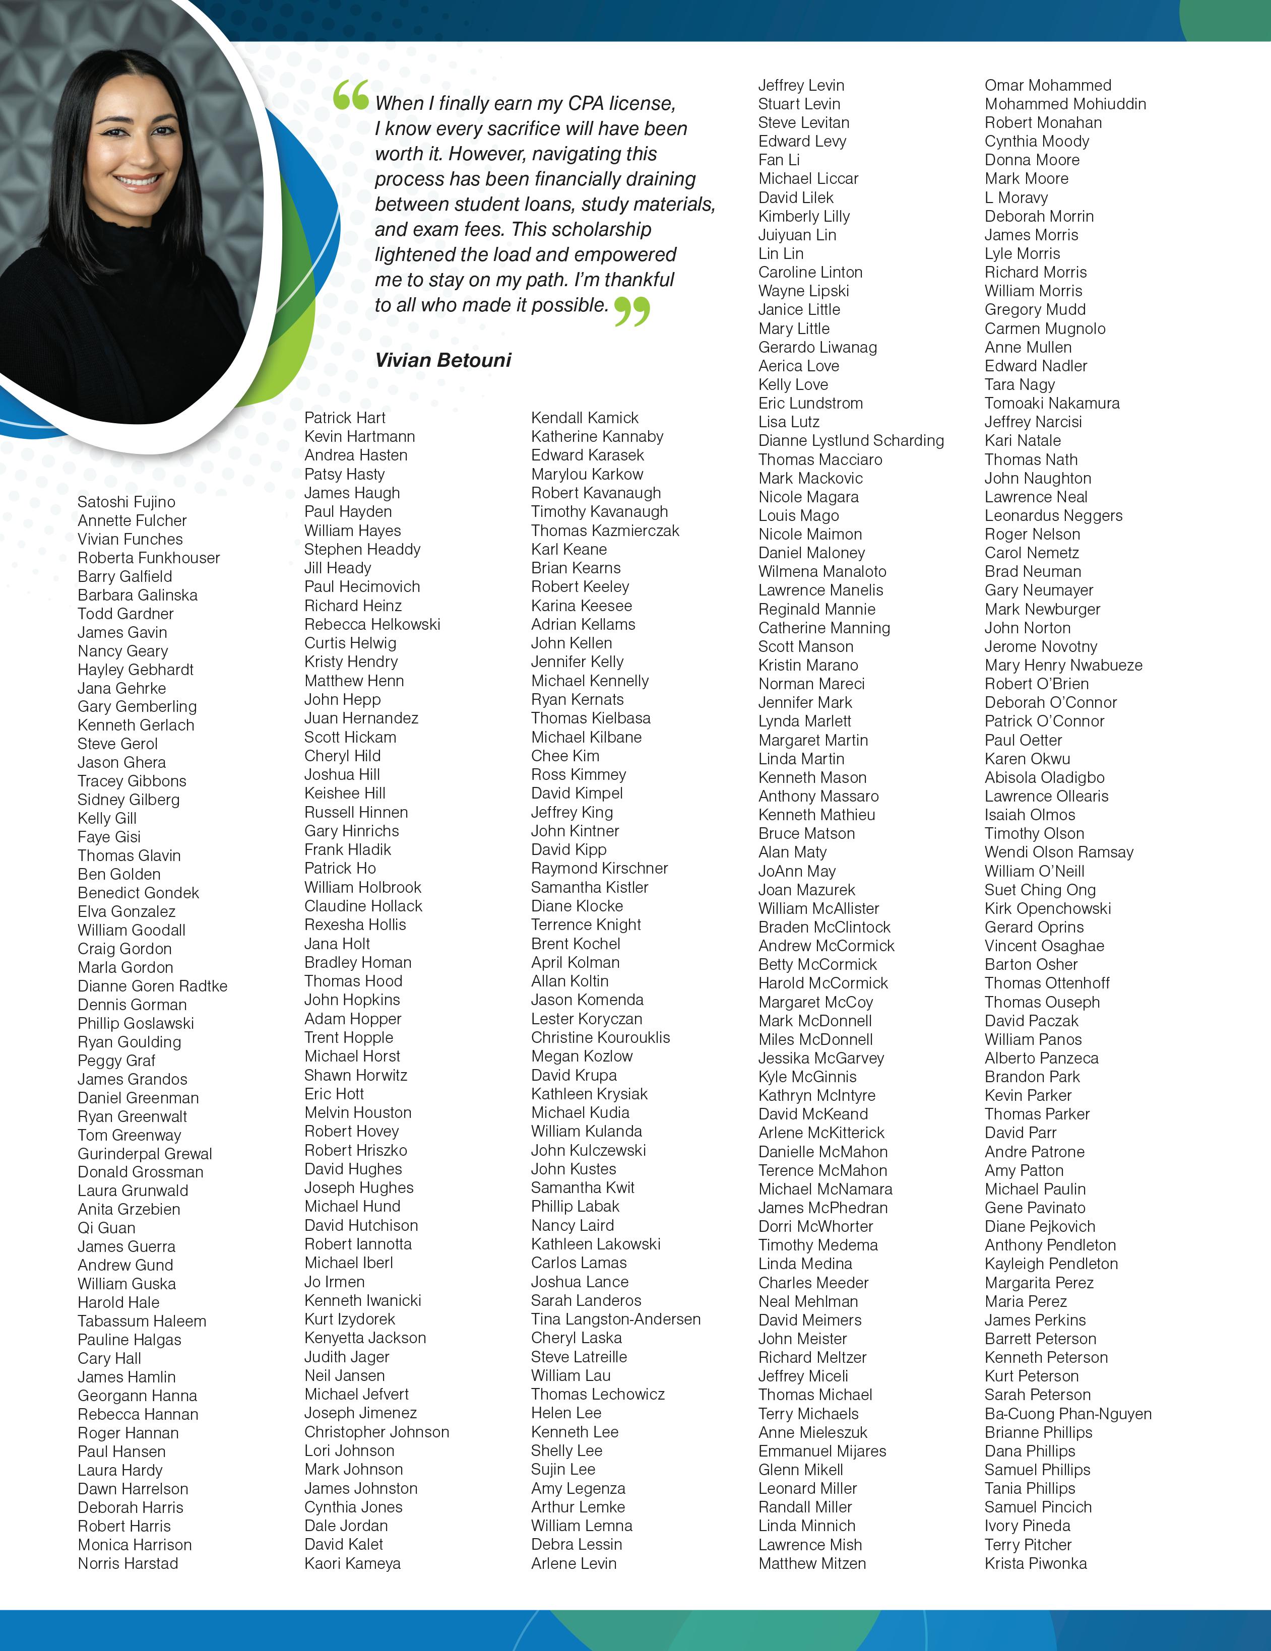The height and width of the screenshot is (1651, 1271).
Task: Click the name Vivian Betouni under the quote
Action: click(x=443, y=360)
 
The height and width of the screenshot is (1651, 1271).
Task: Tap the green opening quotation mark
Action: click(x=351, y=95)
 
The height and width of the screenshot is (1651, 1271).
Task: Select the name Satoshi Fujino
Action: click(x=126, y=502)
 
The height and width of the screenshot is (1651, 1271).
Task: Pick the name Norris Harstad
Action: click(x=128, y=1563)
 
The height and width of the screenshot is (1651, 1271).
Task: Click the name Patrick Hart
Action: click(x=345, y=417)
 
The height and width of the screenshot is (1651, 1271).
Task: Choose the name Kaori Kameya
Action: click(x=352, y=1563)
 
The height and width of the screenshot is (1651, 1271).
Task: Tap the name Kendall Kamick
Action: click(x=585, y=417)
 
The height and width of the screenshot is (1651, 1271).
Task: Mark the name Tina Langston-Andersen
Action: click(x=615, y=1319)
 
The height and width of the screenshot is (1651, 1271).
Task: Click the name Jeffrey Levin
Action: click(x=801, y=86)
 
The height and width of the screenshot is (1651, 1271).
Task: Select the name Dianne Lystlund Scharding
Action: click(x=851, y=441)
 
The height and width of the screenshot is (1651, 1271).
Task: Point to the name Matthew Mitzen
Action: click(x=812, y=1563)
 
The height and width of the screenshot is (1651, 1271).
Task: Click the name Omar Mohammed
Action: click(x=1048, y=86)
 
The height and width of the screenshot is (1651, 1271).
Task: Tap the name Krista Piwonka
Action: click(x=1036, y=1563)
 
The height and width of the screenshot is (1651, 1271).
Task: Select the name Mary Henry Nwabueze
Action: click(x=1063, y=665)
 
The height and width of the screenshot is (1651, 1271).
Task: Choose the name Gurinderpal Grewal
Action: click(x=145, y=1154)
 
